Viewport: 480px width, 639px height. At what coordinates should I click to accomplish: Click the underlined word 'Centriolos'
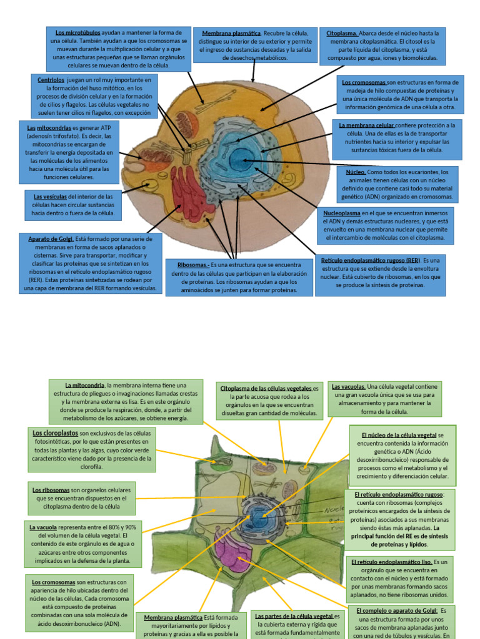pyautogui.click(x=51, y=80)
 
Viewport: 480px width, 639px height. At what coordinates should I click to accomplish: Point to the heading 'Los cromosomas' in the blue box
pyautogui.click(x=364, y=82)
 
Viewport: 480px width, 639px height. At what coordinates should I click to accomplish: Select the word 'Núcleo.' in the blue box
pyautogui.click(x=356, y=172)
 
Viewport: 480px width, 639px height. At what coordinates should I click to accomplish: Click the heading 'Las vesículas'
pyautogui.click(x=50, y=196)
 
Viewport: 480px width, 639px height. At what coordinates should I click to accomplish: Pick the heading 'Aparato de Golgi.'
pyautogui.click(x=51, y=238)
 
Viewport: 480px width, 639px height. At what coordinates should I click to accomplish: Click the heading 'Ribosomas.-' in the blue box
pyautogui.click(x=192, y=265)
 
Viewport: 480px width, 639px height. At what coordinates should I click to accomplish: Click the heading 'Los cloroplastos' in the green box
pyautogui.click(x=54, y=432)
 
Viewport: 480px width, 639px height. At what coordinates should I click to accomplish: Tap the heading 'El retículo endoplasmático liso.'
pyautogui.click(x=391, y=562)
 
